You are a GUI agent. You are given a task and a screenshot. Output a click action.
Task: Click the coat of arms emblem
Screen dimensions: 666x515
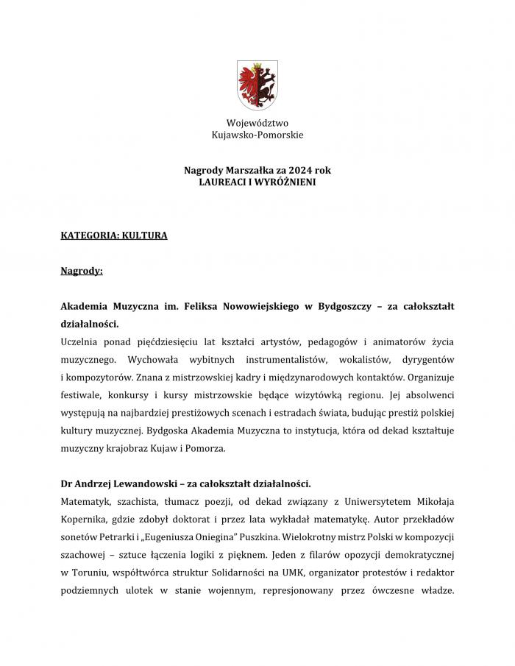click(257, 85)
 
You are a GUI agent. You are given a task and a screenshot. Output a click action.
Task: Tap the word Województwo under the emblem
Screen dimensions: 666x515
click(257, 123)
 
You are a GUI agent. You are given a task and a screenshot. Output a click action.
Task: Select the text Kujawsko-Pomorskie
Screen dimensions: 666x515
click(257, 135)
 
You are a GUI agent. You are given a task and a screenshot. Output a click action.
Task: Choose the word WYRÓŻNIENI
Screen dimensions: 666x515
click(287, 181)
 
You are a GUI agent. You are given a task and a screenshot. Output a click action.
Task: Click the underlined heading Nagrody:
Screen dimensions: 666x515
click(82, 271)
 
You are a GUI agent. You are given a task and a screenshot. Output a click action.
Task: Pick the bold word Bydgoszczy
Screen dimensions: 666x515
click(337, 305)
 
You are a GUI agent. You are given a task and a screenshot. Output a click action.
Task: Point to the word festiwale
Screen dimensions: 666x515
click(80, 394)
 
